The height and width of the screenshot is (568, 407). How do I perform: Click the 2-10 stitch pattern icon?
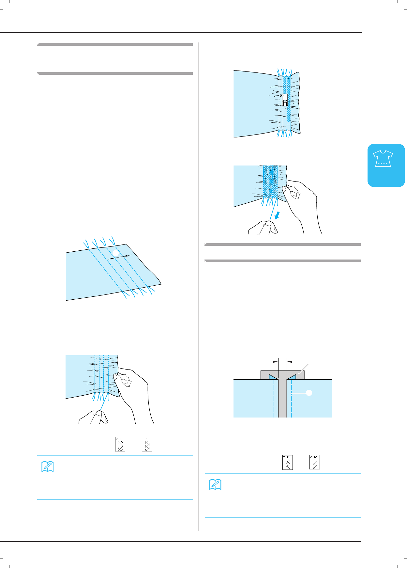pyautogui.click(x=120, y=444)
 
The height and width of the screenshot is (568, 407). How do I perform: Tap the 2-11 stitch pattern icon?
pyautogui.click(x=287, y=462)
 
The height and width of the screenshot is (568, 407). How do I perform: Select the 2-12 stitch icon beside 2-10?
pyautogui.click(x=147, y=444)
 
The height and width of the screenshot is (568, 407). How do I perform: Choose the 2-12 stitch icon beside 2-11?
pyautogui.click(x=314, y=462)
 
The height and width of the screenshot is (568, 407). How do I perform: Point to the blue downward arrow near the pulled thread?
pyautogui.click(x=277, y=215)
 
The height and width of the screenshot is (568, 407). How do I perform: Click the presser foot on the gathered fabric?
pyautogui.click(x=284, y=100)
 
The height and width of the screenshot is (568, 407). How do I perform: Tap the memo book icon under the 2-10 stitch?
pyautogui.click(x=48, y=467)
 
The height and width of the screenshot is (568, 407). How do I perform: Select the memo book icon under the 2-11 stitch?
pyautogui.click(x=215, y=484)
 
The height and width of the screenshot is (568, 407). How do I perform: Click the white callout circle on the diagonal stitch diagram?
pyautogui.click(x=116, y=253)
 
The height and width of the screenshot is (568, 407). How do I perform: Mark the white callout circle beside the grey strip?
pyautogui.click(x=309, y=393)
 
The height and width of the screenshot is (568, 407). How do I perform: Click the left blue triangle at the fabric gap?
pyautogui.click(x=273, y=377)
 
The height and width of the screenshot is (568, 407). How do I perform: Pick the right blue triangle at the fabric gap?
pyautogui.click(x=292, y=377)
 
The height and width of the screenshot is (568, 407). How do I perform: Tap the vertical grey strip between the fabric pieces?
pyautogui.click(x=282, y=398)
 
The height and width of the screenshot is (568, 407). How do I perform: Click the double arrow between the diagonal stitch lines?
pyautogui.click(x=121, y=257)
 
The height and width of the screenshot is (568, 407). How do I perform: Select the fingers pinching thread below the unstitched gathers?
pyautogui.click(x=94, y=417)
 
